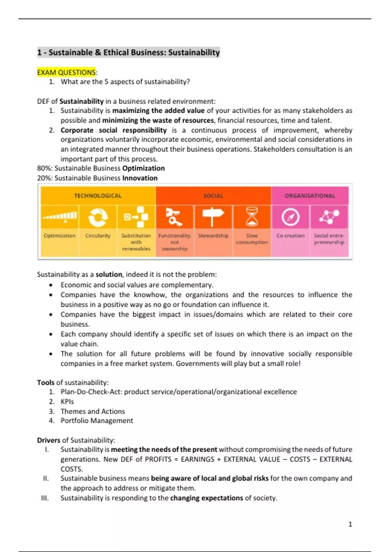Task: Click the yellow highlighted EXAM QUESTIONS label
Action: [67, 72]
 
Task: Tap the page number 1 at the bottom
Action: [350, 524]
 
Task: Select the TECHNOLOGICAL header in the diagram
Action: [97, 196]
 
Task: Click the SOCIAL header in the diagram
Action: [213, 196]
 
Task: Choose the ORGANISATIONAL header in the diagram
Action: [310, 196]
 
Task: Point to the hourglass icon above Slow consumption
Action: [252, 217]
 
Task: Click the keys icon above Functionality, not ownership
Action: [174, 217]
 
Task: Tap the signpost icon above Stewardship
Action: [213, 217]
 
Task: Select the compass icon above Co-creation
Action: [290, 217]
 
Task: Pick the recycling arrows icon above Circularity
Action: [97, 217]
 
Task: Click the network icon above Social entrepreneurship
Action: [329, 217]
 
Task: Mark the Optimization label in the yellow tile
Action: [59, 236]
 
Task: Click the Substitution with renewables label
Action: [136, 242]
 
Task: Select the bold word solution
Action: [109, 274]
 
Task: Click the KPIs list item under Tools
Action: [67, 402]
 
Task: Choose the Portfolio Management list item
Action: [97, 421]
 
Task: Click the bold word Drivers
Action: [49, 440]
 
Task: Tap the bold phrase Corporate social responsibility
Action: [113, 130]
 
